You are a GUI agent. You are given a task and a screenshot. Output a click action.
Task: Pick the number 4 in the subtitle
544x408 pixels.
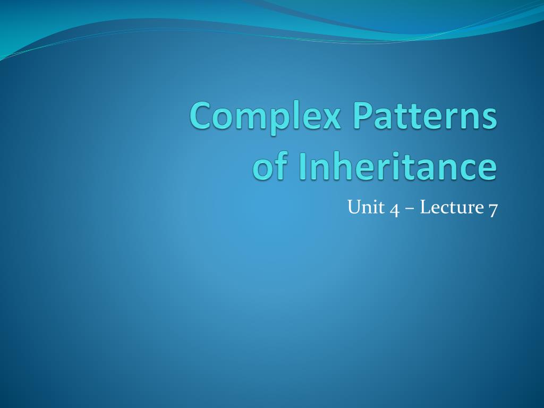[x=394, y=208]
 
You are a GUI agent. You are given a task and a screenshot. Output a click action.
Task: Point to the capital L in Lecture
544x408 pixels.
[x=424, y=207]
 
